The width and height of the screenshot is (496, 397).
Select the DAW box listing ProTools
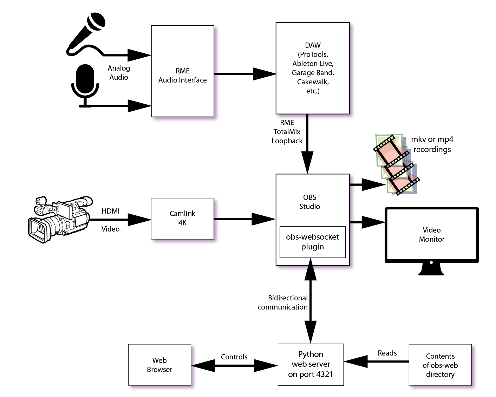[313, 68]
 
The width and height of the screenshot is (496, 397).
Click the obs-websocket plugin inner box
[312, 242]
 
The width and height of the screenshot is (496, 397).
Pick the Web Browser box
[159, 365]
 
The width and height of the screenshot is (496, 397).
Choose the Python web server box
[311, 364]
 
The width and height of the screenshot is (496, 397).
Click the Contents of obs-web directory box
[440, 365]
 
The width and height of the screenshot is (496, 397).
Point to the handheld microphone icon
[86, 34]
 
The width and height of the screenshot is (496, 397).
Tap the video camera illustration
[60, 220]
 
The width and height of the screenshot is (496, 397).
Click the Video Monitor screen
[432, 235]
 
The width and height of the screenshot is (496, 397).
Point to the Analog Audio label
[119, 73]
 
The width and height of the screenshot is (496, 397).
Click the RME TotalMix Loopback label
[287, 132]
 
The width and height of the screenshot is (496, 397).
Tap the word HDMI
[110, 211]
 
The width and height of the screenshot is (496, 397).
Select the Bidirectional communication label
[283, 302]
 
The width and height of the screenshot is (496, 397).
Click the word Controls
[234, 357]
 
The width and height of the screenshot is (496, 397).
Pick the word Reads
[387, 353]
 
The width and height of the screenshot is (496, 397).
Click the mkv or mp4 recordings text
[432, 144]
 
